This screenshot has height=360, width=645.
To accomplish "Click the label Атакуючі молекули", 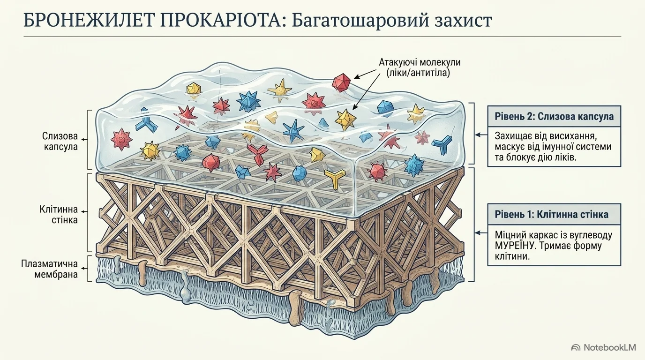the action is tap(420, 62).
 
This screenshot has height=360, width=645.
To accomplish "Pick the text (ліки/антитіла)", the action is tap(418, 73).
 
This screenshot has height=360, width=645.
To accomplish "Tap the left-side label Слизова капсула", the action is tap(60, 141).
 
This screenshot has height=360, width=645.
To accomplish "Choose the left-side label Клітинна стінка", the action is tap(59, 215).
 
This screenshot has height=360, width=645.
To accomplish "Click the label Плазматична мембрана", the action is tap(50, 269).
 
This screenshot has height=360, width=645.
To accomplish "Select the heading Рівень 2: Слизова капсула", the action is tap(554, 116).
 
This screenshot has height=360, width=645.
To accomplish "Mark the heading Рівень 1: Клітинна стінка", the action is tap(551, 215).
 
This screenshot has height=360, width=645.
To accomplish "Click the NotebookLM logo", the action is tap(604, 348).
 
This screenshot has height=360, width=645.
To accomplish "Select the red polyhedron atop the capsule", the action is tap(341, 82).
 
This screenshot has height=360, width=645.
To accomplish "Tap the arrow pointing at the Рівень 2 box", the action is tap(481, 135).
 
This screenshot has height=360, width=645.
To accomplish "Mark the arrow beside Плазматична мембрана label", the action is tap(84, 269).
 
